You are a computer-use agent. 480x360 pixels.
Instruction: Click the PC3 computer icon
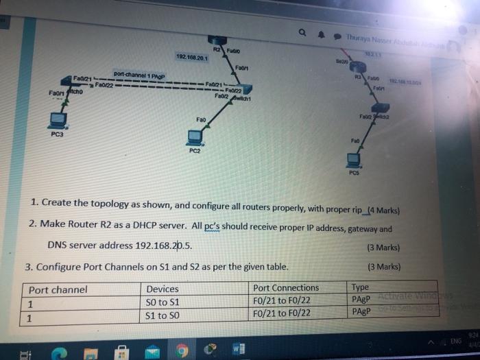pos(55,119)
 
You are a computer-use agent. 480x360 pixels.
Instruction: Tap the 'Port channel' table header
pos(58,290)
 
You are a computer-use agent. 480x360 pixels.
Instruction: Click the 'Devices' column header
pos(163,289)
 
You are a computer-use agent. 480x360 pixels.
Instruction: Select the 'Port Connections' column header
pos(286,288)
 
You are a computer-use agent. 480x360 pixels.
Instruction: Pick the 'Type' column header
pos(360,288)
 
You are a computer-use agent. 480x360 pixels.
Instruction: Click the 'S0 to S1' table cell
pos(163,302)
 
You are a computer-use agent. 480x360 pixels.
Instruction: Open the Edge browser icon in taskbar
pos(60,352)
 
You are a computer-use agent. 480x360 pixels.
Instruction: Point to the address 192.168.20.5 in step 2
pos(164,245)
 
